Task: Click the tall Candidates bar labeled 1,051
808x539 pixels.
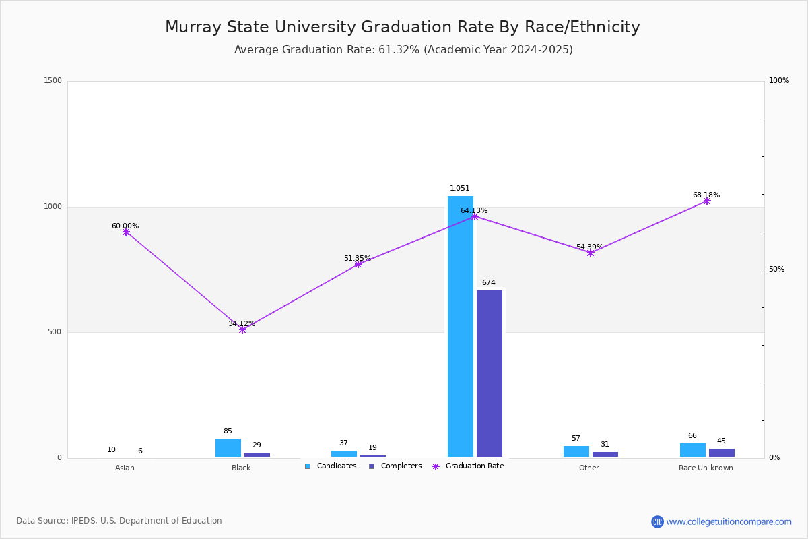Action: pyautogui.click(x=461, y=326)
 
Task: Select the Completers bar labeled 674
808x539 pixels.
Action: pyautogui.click(x=490, y=374)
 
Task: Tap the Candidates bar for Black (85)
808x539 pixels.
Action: pyautogui.click(x=228, y=447)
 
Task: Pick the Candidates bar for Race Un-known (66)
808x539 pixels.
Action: pyautogui.click(x=693, y=450)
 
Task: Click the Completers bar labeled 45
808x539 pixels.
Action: pyautogui.click(x=722, y=453)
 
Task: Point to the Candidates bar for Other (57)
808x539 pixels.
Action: pyautogui.click(x=576, y=451)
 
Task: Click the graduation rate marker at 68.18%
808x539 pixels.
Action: pyautogui.click(x=707, y=201)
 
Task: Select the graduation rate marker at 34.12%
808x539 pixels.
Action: pyautogui.click(x=242, y=329)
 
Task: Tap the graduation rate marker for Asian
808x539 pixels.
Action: pyautogui.click(x=126, y=232)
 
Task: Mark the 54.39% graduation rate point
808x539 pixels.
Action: pyautogui.click(x=591, y=253)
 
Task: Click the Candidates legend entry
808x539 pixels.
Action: pyautogui.click(x=331, y=466)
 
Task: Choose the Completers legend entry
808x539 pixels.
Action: pyautogui.click(x=395, y=466)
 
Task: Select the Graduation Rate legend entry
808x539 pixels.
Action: pyautogui.click(x=468, y=466)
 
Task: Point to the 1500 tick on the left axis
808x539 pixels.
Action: pyautogui.click(x=53, y=80)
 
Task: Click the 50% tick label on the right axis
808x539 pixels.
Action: pyautogui.click(x=776, y=269)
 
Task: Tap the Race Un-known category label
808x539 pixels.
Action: pyautogui.click(x=706, y=468)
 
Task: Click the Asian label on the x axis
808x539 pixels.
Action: pyautogui.click(x=125, y=468)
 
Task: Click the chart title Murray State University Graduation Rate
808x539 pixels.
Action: pyautogui.click(x=403, y=27)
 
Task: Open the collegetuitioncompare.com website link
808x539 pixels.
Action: pyautogui.click(x=729, y=521)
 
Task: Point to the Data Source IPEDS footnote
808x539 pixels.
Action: pyautogui.click(x=119, y=521)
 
